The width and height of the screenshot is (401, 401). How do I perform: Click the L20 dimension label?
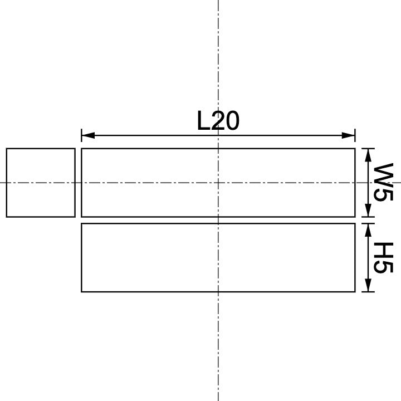218,121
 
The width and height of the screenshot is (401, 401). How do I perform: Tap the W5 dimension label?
384,182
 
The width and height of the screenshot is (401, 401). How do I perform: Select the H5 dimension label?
384,258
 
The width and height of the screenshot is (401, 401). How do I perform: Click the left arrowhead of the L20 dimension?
86,135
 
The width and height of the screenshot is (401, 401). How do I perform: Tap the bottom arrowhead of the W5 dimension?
367,212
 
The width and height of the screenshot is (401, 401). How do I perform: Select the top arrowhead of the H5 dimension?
367,228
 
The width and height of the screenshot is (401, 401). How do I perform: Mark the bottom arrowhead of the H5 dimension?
367,287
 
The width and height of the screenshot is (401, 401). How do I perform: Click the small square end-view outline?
41,183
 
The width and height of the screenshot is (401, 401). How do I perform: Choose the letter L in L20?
203,121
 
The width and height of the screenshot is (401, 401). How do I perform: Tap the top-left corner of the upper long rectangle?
82,149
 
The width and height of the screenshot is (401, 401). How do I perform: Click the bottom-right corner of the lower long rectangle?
355,291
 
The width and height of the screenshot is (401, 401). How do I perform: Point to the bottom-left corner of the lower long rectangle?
82,291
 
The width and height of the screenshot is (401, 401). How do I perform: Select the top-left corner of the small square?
7,149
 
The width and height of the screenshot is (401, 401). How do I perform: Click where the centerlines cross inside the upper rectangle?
218,183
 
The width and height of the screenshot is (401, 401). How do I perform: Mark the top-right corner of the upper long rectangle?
355,149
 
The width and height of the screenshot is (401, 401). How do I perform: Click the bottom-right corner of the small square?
75,217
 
